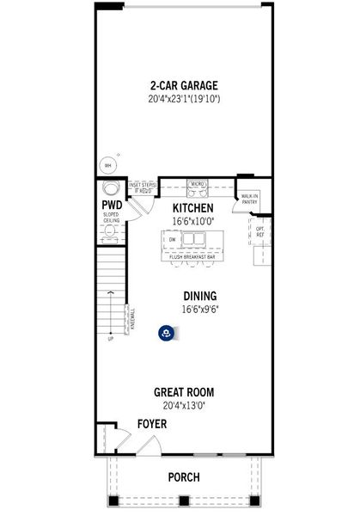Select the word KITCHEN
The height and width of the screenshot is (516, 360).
tap(193, 209)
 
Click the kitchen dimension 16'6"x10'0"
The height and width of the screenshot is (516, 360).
tap(193, 221)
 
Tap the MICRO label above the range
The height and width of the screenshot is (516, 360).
tap(197, 184)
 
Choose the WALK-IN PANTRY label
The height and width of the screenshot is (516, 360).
tap(250, 199)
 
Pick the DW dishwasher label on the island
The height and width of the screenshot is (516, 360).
tap(172, 239)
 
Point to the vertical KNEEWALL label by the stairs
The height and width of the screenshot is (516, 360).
tap(132, 320)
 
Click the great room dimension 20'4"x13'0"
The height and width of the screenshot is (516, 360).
tap(180, 404)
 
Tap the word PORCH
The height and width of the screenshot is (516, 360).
tap(183, 477)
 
